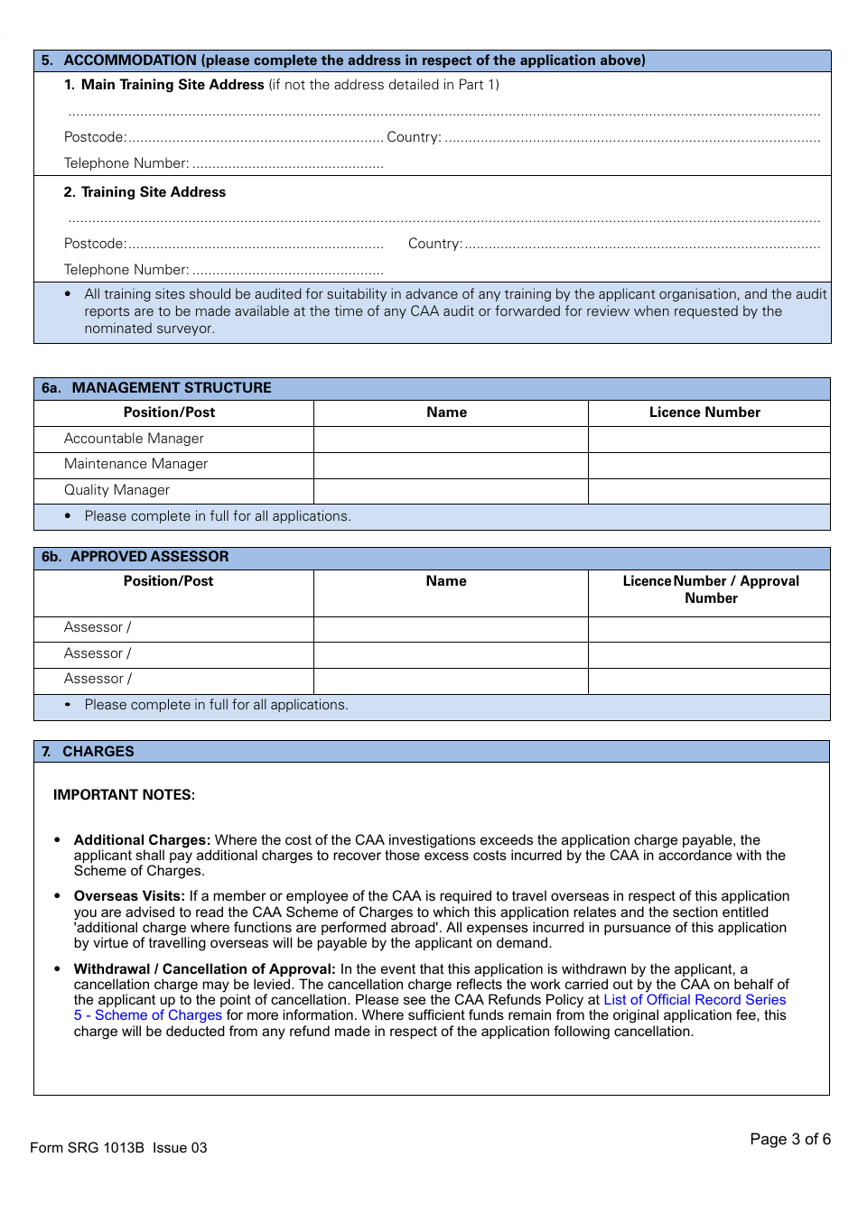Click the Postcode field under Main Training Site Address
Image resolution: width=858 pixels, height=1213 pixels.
(x=255, y=137)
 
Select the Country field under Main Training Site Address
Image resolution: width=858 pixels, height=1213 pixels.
(x=632, y=137)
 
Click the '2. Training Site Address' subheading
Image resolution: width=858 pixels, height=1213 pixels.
(x=145, y=192)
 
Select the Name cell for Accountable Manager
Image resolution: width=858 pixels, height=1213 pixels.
(x=451, y=440)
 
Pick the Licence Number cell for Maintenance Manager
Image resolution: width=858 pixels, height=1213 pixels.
(x=709, y=465)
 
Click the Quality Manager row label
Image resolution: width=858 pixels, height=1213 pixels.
(x=117, y=490)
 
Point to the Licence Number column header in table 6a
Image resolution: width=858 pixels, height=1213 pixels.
(x=704, y=412)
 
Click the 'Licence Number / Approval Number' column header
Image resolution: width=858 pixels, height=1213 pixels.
(x=711, y=589)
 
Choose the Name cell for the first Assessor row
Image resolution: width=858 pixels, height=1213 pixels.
(x=451, y=629)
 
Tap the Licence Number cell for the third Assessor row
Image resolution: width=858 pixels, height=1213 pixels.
(x=709, y=681)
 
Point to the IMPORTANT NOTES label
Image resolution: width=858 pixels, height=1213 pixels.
(x=124, y=795)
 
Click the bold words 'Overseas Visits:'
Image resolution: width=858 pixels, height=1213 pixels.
(x=129, y=896)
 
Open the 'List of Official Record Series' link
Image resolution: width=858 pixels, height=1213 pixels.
(x=695, y=1000)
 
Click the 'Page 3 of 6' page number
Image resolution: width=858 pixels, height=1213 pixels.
(x=789, y=1139)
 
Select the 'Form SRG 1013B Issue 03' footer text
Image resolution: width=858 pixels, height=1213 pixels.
(x=118, y=1148)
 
